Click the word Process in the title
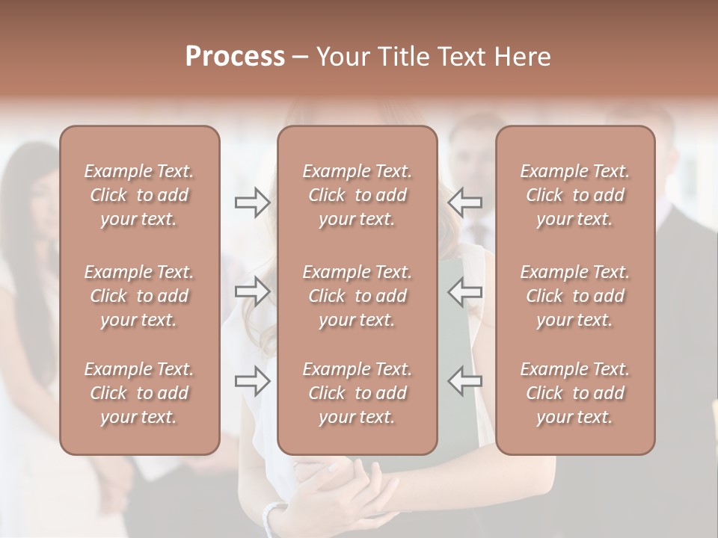click(235, 57)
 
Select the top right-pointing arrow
click(253, 202)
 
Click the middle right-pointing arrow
click(253, 291)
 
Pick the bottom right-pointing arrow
click(253, 381)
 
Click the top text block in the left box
click(139, 195)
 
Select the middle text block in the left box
click(139, 296)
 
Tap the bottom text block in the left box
click(139, 393)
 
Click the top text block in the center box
click(358, 195)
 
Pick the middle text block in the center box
click(358, 296)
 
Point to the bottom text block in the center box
click(358, 393)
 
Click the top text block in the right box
click(575, 195)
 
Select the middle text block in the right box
click(575, 296)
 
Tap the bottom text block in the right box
click(575, 393)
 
